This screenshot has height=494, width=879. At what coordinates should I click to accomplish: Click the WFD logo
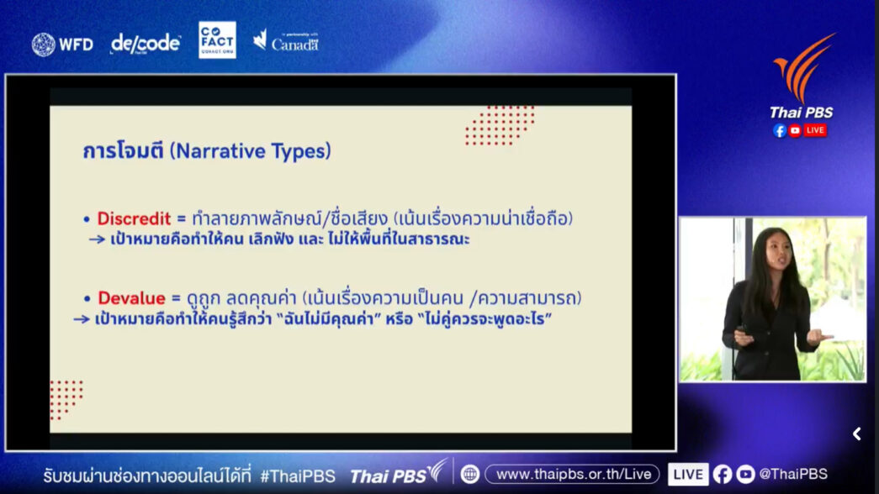62,45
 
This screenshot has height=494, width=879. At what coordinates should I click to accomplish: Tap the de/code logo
146,43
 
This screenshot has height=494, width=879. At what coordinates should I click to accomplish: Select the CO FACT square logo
217,39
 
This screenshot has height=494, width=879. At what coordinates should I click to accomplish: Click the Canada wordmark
295,45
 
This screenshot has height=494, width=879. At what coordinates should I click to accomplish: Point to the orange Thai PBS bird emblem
804,67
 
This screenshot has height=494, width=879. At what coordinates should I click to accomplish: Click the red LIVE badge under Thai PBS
815,130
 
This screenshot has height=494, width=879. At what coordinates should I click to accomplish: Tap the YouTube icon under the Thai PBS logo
795,130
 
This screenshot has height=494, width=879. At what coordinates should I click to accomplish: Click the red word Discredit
134,218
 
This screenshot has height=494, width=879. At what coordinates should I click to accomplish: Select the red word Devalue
131,297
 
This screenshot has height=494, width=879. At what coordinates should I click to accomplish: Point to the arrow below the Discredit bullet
97,239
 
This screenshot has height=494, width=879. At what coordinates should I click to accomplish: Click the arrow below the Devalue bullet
82,319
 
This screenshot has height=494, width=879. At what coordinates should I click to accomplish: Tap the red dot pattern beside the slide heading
500,125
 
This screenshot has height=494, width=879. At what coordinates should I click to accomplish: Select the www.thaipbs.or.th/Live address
574,474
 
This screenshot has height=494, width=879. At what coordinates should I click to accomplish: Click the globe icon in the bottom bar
469,475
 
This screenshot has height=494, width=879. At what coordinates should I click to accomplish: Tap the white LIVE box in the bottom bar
688,475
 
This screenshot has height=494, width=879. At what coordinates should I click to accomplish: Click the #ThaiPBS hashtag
298,476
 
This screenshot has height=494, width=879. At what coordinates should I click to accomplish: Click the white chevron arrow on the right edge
856,434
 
